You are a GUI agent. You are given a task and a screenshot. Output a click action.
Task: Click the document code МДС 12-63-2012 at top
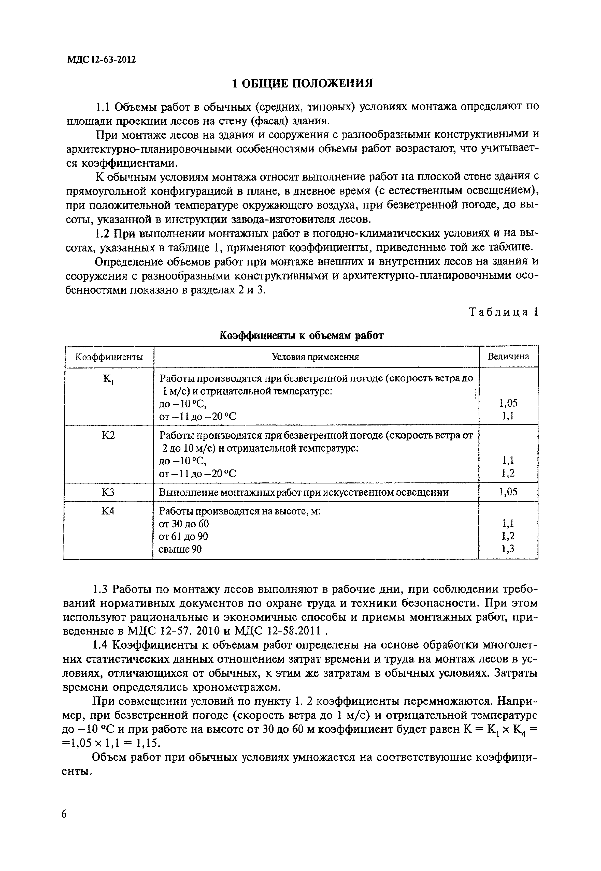click(101, 60)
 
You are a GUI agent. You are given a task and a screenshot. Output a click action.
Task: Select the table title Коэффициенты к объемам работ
click(301, 335)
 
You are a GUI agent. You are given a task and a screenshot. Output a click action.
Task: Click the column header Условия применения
click(316, 357)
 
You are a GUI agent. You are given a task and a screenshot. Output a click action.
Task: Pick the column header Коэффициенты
click(109, 357)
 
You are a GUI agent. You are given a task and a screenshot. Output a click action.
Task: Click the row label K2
click(108, 435)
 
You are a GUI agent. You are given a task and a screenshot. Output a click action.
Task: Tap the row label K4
click(108, 511)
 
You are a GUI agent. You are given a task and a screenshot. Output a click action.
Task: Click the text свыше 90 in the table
click(180, 550)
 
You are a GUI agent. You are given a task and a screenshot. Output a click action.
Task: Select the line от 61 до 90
click(183, 536)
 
